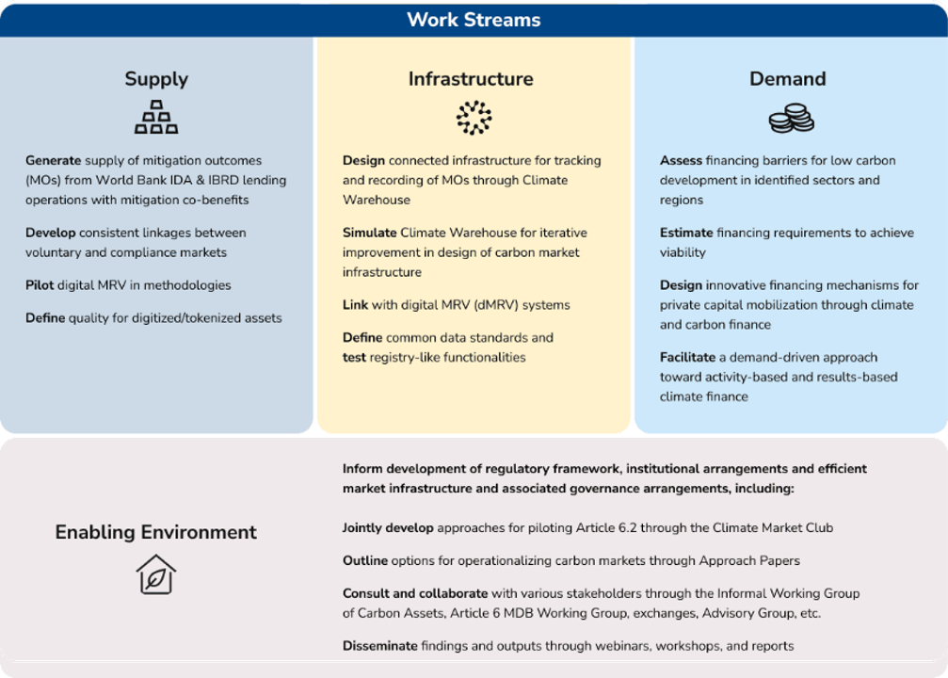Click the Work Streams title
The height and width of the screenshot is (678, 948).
pos(474,20)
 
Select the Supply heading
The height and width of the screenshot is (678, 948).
pos(156,79)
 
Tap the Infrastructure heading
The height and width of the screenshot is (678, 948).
pos(471,79)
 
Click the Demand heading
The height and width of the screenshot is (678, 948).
pos(787,79)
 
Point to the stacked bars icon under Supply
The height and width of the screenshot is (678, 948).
pos(156,117)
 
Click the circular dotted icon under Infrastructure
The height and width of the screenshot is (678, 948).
pos(474,118)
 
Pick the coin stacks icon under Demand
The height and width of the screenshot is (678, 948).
pos(791,119)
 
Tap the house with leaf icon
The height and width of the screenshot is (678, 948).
pos(155,574)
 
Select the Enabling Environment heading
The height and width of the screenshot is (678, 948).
pos(155,532)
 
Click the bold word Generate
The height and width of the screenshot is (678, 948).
pos(53,161)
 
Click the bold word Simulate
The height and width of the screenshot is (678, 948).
pos(369,233)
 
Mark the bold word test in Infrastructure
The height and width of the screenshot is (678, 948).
pos(353,358)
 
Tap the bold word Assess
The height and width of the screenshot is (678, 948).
pos(681,161)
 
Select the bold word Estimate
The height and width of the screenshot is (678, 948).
pos(685,233)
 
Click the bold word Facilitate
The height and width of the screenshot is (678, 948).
pos(687,358)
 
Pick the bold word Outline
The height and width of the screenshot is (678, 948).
pos(365,561)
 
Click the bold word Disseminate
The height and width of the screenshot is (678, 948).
pos(379,646)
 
